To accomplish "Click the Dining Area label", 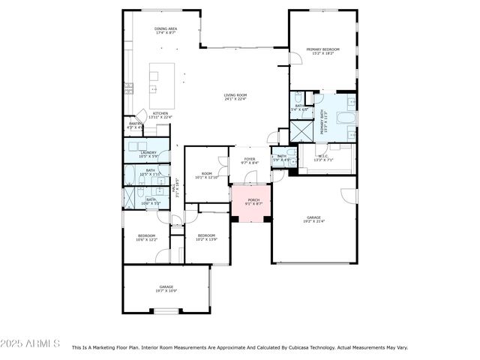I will pos(165,31).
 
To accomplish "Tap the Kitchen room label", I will pos(161,115).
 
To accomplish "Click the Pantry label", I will pos(136,124).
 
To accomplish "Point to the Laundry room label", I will pos(148,154).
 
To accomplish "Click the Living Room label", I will pos(235,97).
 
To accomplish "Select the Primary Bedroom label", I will pos(323,51).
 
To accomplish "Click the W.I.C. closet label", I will pos(322,158).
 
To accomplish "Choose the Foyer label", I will pos(249,160).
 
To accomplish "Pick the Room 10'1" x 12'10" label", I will pos(206,175).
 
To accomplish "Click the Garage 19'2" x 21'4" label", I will pos(313,219).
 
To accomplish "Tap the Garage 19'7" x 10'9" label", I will pos(166,289).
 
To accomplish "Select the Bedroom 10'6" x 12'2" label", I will pos(146,238).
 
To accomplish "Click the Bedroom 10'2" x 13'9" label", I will pos(206,237).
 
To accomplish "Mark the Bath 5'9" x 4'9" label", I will pos(280,157).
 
